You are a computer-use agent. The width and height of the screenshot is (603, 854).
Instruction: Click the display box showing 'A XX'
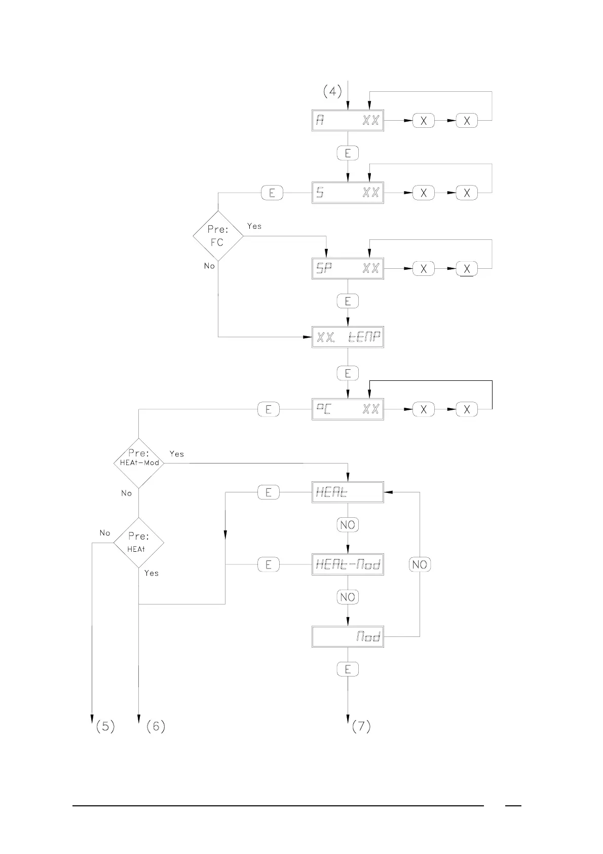pos(348,121)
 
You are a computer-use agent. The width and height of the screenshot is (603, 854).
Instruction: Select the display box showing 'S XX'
pos(348,193)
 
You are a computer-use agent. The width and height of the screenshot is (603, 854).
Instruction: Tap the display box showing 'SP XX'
pos(348,269)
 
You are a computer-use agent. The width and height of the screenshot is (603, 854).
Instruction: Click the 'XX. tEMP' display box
pos(348,337)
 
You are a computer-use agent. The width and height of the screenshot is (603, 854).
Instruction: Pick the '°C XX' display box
pos(348,409)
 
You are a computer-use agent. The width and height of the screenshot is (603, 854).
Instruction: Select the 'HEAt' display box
pos(348,492)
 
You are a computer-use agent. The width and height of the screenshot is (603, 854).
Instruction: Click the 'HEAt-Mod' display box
pos(348,564)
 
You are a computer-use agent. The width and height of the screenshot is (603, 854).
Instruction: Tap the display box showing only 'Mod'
pos(348,636)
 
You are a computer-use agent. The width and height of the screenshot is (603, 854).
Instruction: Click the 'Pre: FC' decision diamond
pos(218,236)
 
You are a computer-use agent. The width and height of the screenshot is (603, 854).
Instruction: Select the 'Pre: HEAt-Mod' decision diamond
pos(139,463)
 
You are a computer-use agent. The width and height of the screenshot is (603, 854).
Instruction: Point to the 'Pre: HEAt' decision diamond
pos(138,543)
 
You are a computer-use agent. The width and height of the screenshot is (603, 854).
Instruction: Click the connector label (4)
pos(332,91)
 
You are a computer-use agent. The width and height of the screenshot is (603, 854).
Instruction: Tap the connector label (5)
pos(105,726)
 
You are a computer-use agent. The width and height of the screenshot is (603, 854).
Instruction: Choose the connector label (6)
pos(156,726)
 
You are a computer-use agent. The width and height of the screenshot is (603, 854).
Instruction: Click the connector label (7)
pos(361,726)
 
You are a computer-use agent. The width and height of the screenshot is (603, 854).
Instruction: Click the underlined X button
pos(467,269)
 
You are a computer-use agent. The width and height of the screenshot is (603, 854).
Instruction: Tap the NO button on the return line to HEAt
pos(420,564)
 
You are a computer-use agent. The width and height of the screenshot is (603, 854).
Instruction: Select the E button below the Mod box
pos(348,669)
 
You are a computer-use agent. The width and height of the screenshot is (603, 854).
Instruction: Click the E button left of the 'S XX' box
pos(272,193)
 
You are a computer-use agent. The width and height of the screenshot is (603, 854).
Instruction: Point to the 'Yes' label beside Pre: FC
pos(254,226)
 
